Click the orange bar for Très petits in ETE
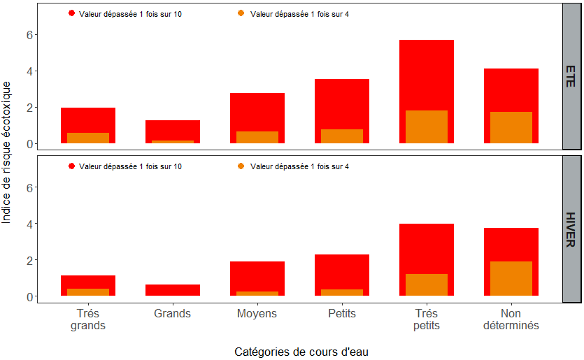point(427,127)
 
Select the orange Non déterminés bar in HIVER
point(511,279)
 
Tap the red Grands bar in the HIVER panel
point(173,290)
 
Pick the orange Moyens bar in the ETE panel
point(257,138)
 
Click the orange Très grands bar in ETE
point(88,138)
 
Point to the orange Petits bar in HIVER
point(342,293)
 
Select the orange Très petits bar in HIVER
point(427,285)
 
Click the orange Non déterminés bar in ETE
point(511,128)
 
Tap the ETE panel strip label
point(571,76)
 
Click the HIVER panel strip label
point(571,229)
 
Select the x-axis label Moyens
point(257,314)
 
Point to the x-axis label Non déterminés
point(511,319)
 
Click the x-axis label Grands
point(173,314)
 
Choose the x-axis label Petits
point(342,314)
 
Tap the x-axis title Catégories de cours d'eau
point(301,351)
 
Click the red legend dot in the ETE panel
point(71,13)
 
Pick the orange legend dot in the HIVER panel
point(241,166)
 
